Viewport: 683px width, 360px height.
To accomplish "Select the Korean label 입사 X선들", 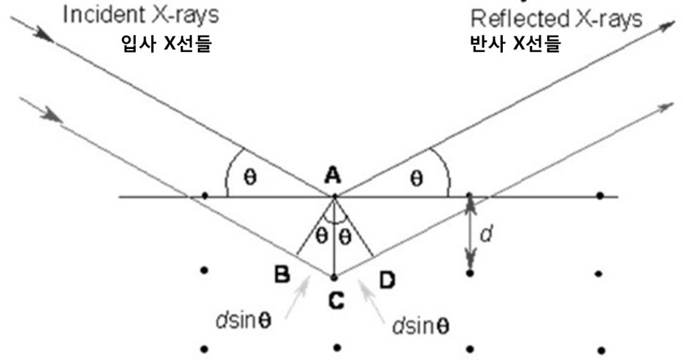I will pos(169,44).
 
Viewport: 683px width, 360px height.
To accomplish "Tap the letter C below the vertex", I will pos(335,299).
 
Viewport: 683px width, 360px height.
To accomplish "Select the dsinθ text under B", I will pos(243,322).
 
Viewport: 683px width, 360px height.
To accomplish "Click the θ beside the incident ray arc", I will pos(250,178).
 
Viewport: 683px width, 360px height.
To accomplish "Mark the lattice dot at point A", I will pos(334,196).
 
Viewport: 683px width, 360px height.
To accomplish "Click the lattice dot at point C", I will pos(334,277).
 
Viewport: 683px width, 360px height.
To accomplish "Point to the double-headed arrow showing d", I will pos(471,234).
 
